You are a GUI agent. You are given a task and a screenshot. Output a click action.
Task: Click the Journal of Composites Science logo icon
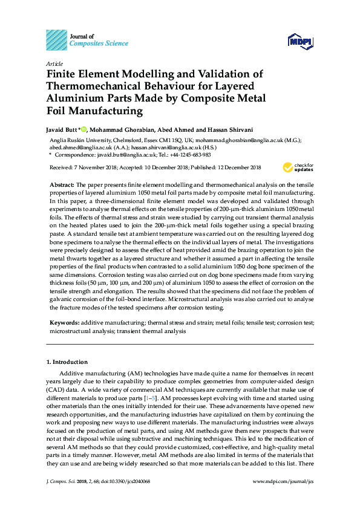[x=57, y=39]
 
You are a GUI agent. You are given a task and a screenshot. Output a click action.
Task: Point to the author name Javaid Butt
[x=62, y=129]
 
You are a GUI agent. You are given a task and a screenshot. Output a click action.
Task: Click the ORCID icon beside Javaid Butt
[x=85, y=128]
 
